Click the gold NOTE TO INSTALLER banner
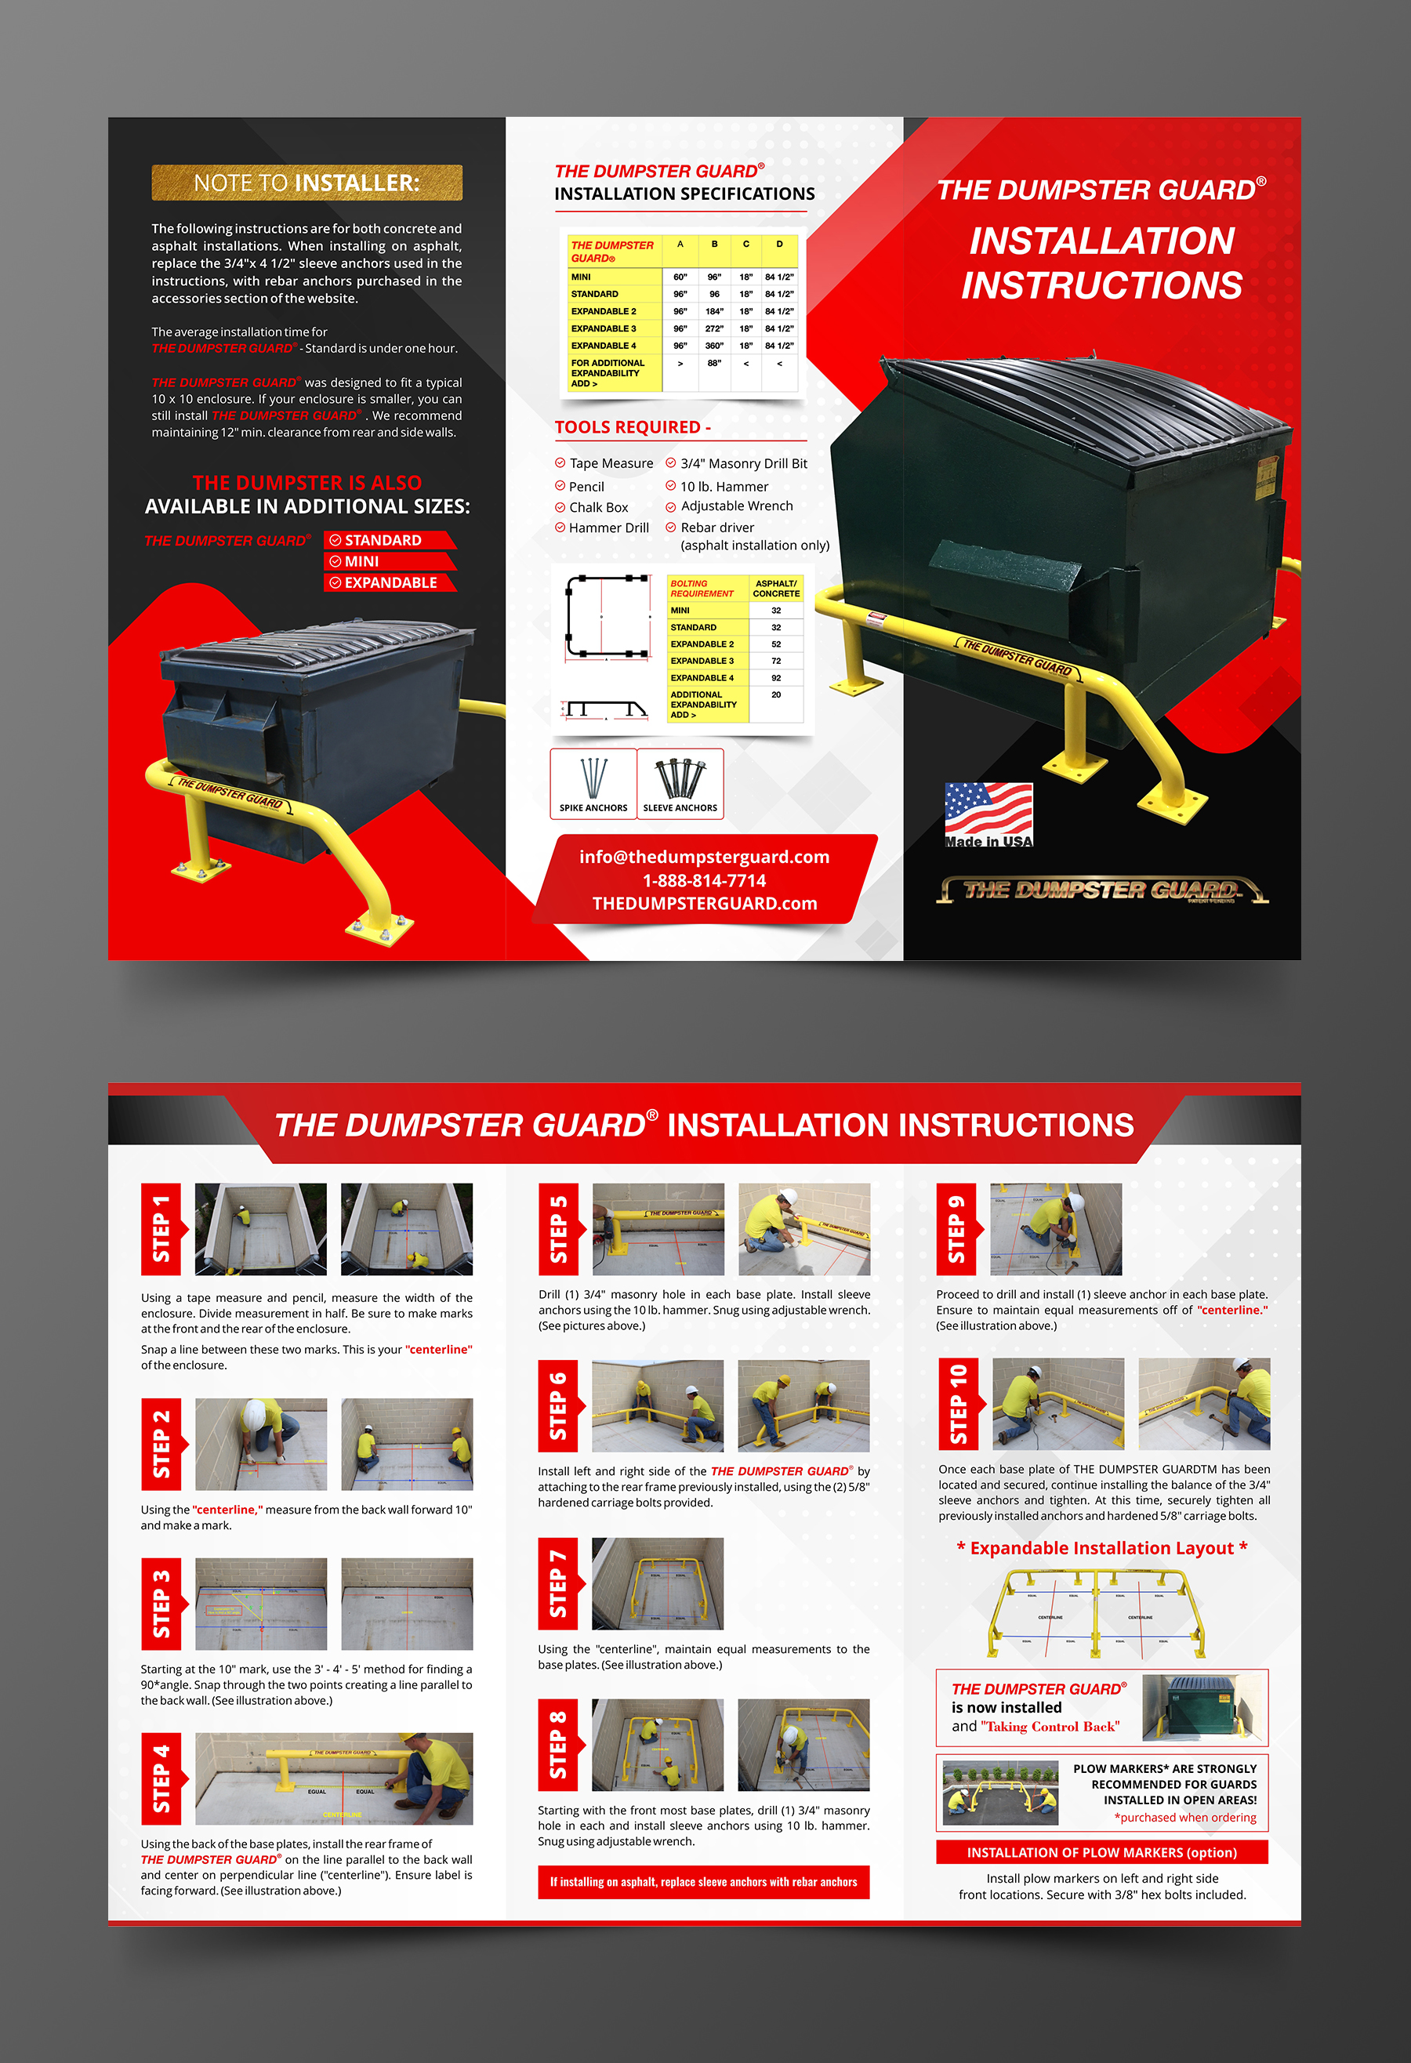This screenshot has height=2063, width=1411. coord(307,182)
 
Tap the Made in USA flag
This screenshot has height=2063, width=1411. coord(988,813)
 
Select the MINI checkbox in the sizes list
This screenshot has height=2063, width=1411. coord(336,561)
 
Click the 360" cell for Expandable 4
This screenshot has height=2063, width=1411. coord(714,346)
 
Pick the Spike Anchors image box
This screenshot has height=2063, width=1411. coord(593,782)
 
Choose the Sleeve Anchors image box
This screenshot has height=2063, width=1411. coord(680,782)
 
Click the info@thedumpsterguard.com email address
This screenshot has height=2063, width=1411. coord(704,857)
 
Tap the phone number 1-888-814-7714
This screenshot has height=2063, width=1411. coord(704,880)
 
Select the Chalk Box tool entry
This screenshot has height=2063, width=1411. coord(597,507)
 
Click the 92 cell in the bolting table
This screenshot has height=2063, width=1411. coord(776,677)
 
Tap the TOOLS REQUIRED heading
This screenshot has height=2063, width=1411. coord(633,427)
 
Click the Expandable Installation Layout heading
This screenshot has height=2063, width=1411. coord(1101,1548)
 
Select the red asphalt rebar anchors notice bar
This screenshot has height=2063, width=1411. coord(703,1881)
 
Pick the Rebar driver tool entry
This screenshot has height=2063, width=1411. coord(716,528)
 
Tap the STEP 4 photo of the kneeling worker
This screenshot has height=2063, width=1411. coord(334,1778)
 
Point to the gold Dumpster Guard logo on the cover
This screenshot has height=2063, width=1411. coord(1101,890)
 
